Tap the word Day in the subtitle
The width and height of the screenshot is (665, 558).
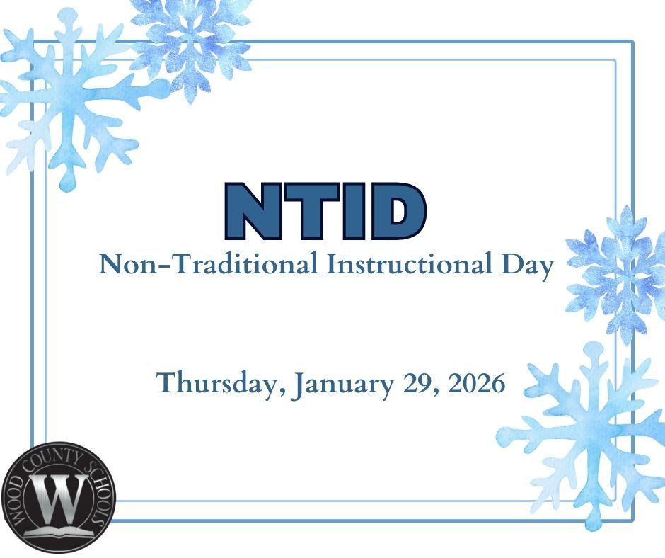click(524, 266)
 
